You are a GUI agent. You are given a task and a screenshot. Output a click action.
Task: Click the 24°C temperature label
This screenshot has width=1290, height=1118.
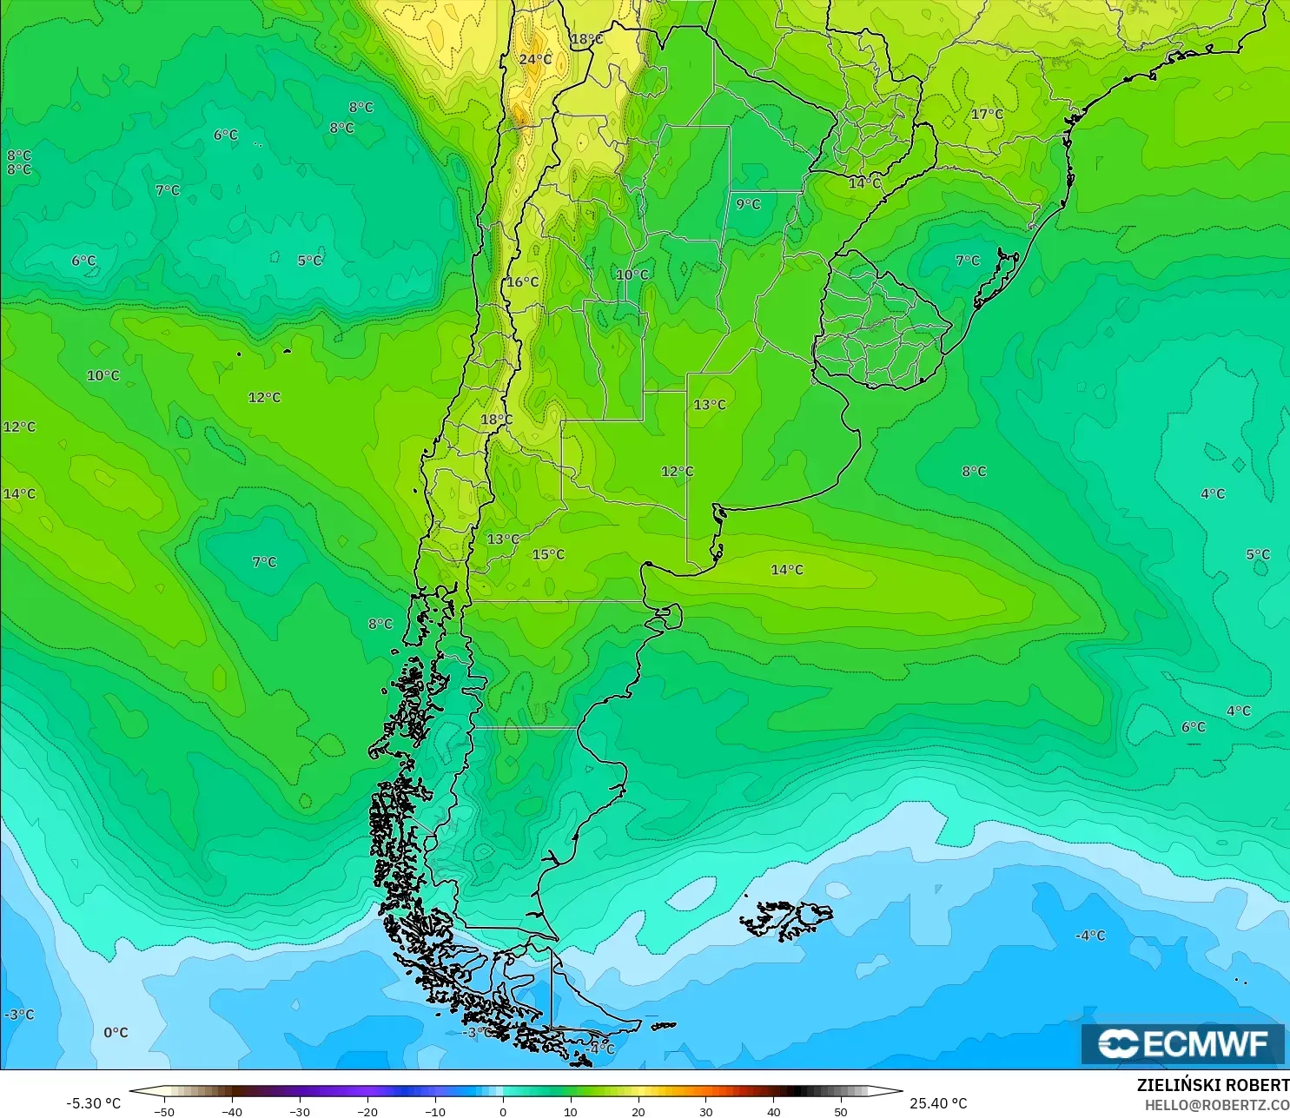pyautogui.click(x=535, y=59)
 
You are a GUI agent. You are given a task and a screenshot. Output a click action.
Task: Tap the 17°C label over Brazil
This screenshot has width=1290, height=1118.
pyautogui.click(x=987, y=114)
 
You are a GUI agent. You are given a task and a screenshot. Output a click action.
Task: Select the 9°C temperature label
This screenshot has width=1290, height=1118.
pyautogui.click(x=748, y=204)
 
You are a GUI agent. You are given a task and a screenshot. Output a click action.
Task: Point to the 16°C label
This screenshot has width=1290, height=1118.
pyautogui.click(x=522, y=281)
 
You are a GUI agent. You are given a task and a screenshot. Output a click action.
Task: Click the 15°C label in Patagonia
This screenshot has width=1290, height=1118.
pyautogui.click(x=548, y=554)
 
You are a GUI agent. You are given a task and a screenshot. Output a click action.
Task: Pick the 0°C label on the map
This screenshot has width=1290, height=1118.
pyautogui.click(x=116, y=1032)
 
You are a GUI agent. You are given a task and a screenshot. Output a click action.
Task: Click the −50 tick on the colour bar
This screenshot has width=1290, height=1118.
pyautogui.click(x=163, y=1111)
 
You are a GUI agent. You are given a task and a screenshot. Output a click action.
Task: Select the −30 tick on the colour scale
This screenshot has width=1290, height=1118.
pyautogui.click(x=299, y=1111)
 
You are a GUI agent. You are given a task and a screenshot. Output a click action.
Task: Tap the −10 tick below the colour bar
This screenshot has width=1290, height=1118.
pyautogui.click(x=434, y=1111)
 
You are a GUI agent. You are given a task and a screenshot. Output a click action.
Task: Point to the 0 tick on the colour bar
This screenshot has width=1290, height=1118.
pyautogui.click(x=503, y=1111)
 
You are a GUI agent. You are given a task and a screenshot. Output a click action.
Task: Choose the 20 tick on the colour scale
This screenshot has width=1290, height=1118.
pyautogui.click(x=638, y=1111)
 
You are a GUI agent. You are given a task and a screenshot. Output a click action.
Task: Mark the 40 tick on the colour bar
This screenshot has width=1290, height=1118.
pyautogui.click(x=774, y=1111)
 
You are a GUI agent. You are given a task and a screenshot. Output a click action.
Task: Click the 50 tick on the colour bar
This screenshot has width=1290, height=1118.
pyautogui.click(x=841, y=1111)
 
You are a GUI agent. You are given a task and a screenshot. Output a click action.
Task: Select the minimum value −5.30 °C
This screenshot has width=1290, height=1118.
pyautogui.click(x=93, y=1103)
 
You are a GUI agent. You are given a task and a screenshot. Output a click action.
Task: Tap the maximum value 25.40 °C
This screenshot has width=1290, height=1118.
pyautogui.click(x=938, y=1103)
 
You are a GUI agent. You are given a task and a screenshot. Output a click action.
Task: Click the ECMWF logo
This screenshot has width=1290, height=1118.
pyautogui.click(x=1182, y=1043)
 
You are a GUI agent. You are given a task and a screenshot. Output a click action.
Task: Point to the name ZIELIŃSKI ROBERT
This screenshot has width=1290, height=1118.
pyautogui.click(x=1213, y=1085)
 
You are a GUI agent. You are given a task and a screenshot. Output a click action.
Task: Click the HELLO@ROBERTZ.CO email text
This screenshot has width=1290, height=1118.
pyautogui.click(x=1216, y=1105)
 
